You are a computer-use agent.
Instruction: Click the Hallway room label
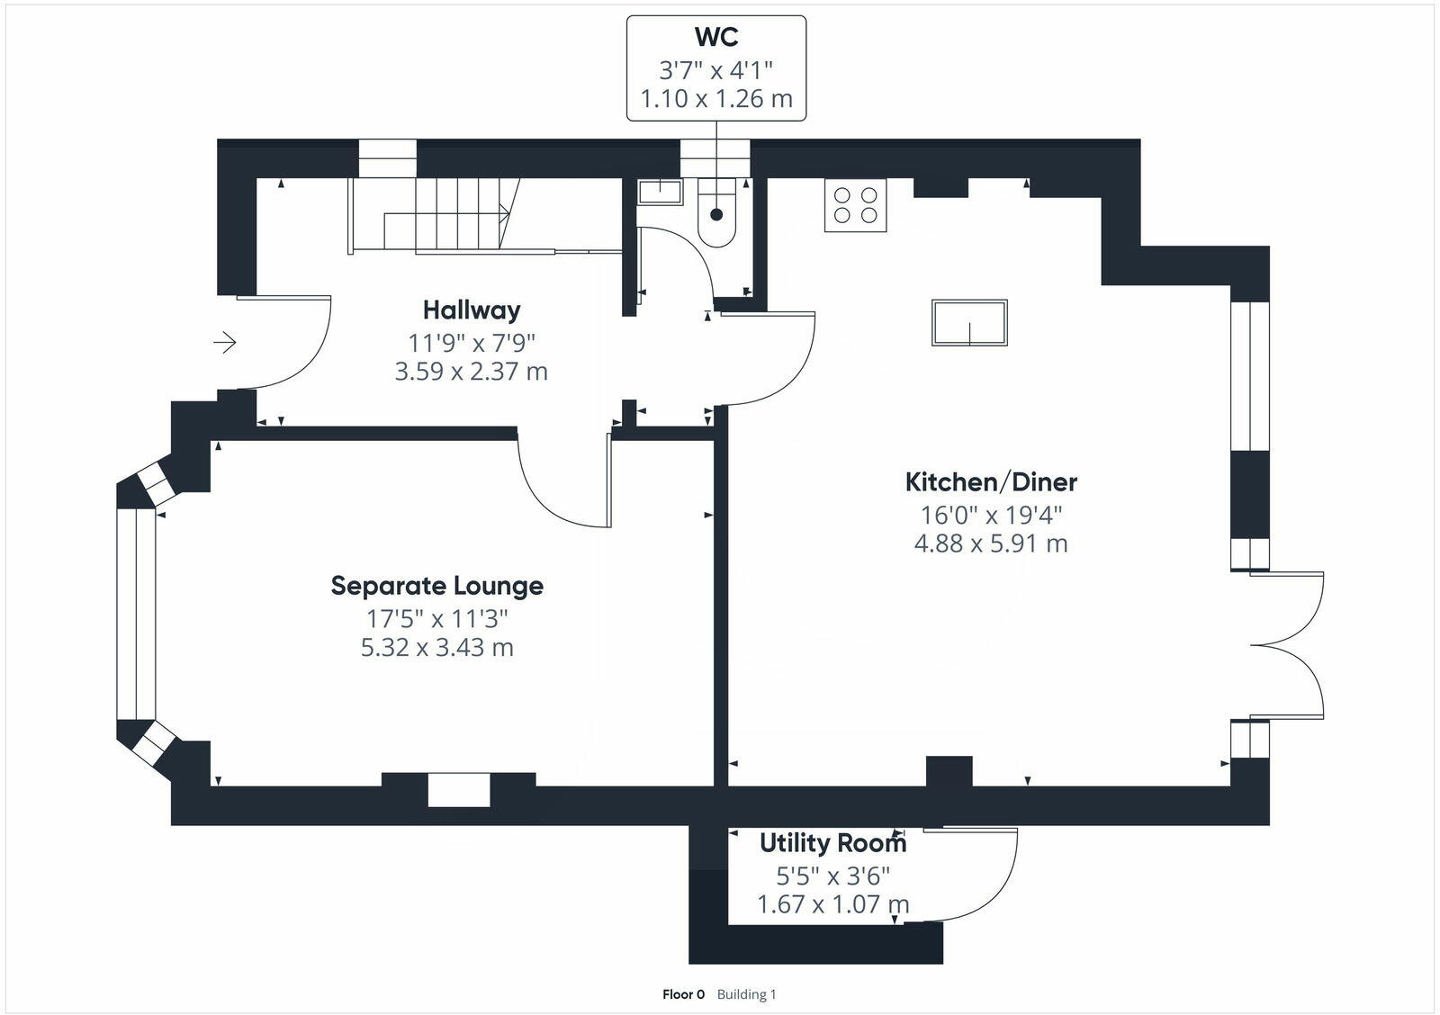click(x=472, y=310)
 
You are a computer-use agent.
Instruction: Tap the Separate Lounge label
click(x=437, y=586)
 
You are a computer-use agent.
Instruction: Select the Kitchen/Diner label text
click(x=991, y=482)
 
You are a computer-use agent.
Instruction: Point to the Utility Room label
click(x=832, y=843)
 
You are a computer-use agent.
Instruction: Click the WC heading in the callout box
click(x=716, y=37)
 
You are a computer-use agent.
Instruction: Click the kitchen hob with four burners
click(x=855, y=205)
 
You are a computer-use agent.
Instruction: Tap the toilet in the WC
click(x=716, y=217)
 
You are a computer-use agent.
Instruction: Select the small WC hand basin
click(x=660, y=190)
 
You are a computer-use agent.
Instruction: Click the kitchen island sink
click(x=969, y=323)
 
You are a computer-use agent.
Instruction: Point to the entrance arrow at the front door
click(x=224, y=343)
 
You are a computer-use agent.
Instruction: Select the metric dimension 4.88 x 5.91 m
click(x=991, y=543)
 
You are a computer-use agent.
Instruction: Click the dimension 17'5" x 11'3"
click(x=437, y=619)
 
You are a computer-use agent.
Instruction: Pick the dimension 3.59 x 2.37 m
click(x=472, y=371)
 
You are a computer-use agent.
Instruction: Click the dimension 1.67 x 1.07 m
click(x=832, y=903)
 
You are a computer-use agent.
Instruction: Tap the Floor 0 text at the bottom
click(x=683, y=994)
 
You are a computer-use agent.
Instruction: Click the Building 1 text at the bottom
click(x=746, y=994)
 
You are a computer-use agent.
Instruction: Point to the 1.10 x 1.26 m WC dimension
click(x=716, y=98)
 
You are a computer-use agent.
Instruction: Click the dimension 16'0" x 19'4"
click(x=991, y=515)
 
